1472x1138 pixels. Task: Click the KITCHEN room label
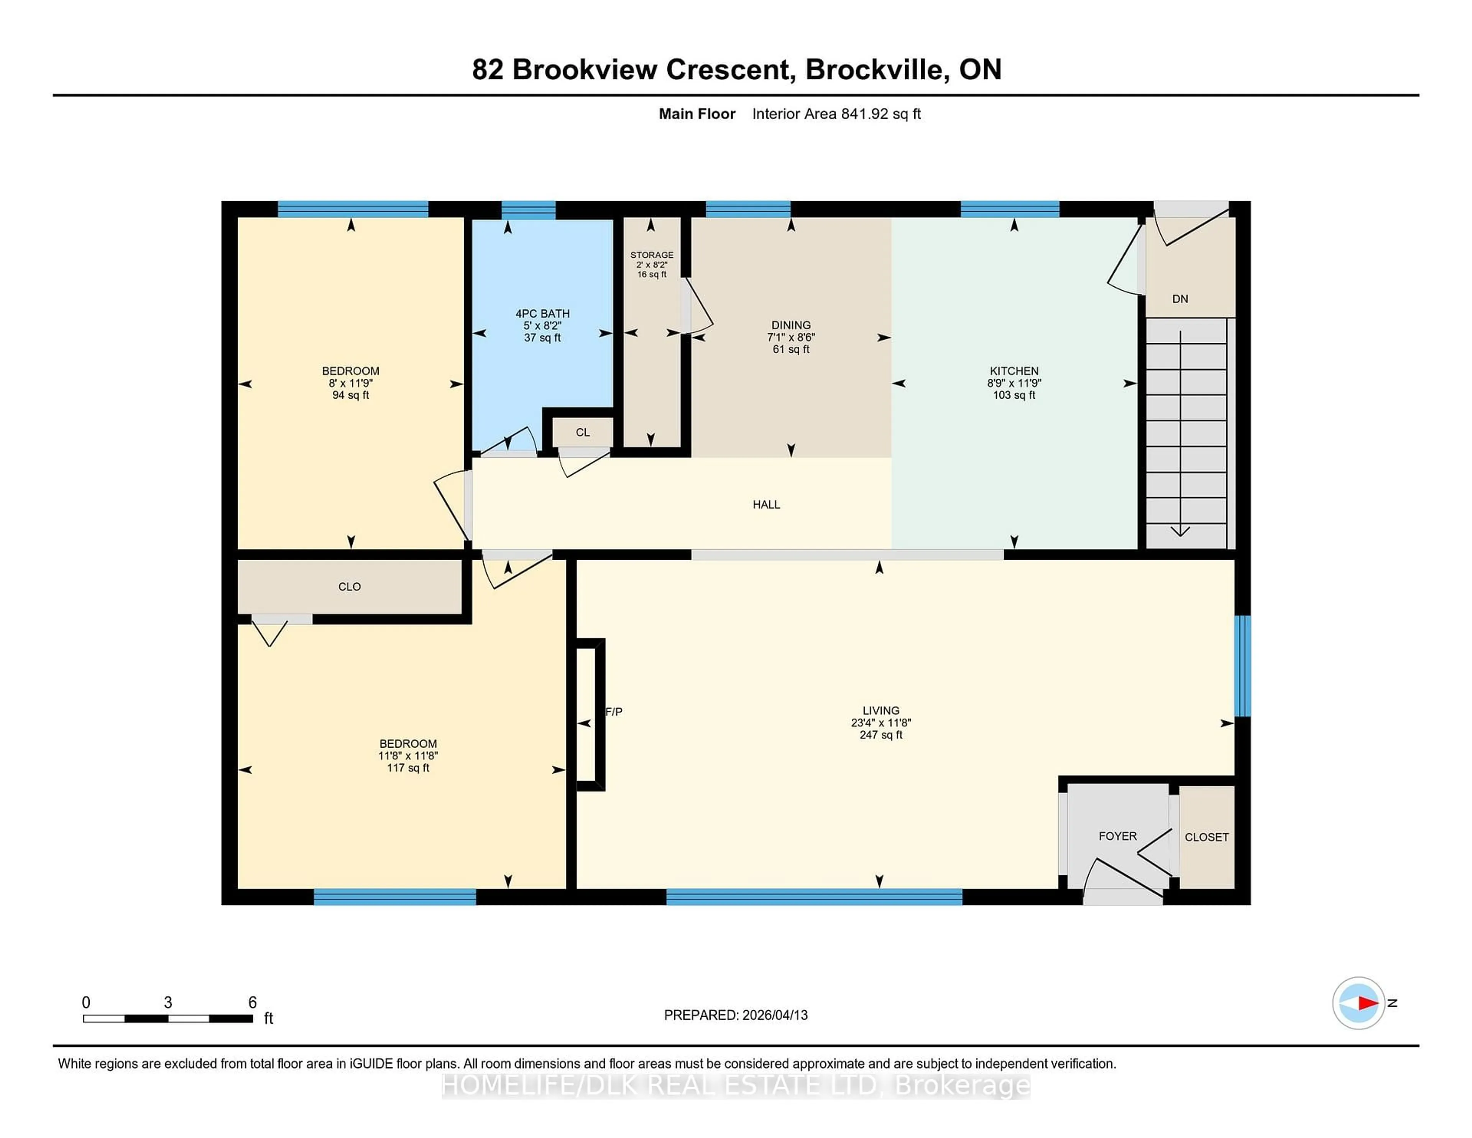(x=1013, y=371)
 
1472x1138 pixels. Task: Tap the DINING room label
(x=790, y=325)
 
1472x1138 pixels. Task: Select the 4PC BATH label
(x=542, y=314)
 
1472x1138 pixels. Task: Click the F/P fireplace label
(x=614, y=711)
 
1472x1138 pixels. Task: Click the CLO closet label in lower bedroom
(x=349, y=587)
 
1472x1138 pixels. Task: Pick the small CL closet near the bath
(x=582, y=432)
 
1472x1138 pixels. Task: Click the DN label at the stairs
(x=1180, y=299)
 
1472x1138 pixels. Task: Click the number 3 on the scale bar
(x=168, y=1003)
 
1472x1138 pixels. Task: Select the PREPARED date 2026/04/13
(x=774, y=1015)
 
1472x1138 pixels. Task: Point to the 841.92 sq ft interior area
(x=880, y=114)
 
